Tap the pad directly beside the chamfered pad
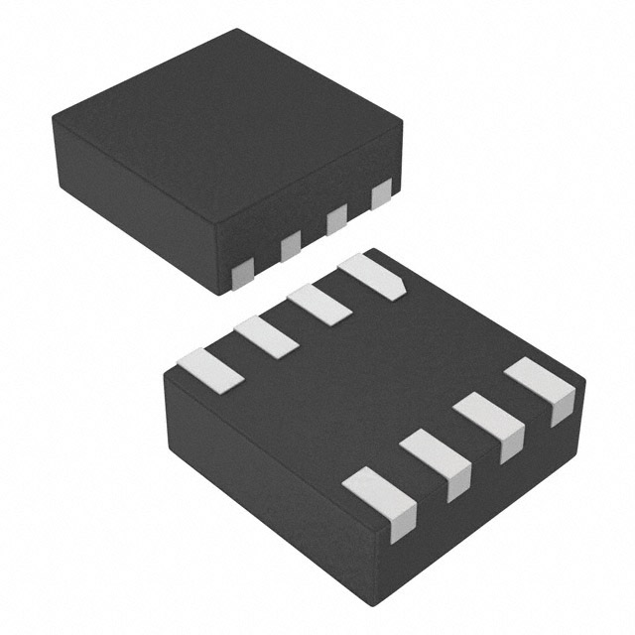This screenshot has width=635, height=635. [319, 305]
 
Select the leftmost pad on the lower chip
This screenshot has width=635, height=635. [209, 369]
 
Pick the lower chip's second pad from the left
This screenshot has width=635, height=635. [266, 337]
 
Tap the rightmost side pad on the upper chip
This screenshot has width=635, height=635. [381, 194]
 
